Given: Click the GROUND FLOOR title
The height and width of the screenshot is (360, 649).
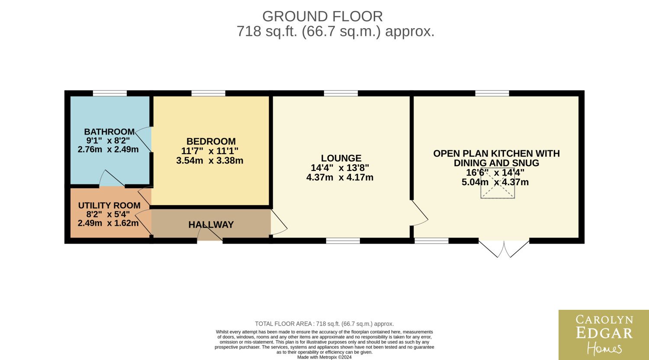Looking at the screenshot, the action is pyautogui.click(x=322, y=16).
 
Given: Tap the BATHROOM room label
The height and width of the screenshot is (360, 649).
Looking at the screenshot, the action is pyautogui.click(x=109, y=132).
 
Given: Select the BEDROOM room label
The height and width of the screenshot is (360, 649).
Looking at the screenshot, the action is pyautogui.click(x=211, y=141).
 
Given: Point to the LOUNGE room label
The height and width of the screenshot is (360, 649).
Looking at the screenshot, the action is pyautogui.click(x=341, y=158).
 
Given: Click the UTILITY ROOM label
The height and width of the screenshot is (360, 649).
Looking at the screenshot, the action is pyautogui.click(x=109, y=206).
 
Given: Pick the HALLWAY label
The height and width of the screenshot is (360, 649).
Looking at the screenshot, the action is pyautogui.click(x=211, y=225).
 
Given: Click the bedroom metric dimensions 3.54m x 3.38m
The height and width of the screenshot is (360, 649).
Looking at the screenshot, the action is pyautogui.click(x=210, y=160).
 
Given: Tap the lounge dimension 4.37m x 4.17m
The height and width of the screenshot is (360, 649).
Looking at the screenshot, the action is pyautogui.click(x=340, y=177).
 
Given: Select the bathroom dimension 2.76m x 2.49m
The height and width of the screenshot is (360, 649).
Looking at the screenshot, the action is pyautogui.click(x=108, y=149).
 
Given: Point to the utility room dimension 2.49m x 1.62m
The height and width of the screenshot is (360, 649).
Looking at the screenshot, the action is pyautogui.click(x=108, y=223).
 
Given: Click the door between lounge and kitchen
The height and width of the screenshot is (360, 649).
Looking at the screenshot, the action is pyautogui.click(x=419, y=213).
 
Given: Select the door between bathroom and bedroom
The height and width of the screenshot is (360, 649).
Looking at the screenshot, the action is pyautogui.click(x=143, y=139).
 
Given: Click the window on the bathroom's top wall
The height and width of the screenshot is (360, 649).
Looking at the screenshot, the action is pyautogui.click(x=110, y=93).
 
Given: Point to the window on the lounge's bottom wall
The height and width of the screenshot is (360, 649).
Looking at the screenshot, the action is pyautogui.click(x=343, y=241).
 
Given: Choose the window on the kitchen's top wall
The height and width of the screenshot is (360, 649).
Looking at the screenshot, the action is pyautogui.click(x=492, y=93).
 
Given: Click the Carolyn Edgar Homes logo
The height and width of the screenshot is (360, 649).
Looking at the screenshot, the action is pyautogui.click(x=604, y=335).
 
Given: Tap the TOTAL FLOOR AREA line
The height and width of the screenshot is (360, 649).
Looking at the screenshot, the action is pyautogui.click(x=324, y=324).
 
